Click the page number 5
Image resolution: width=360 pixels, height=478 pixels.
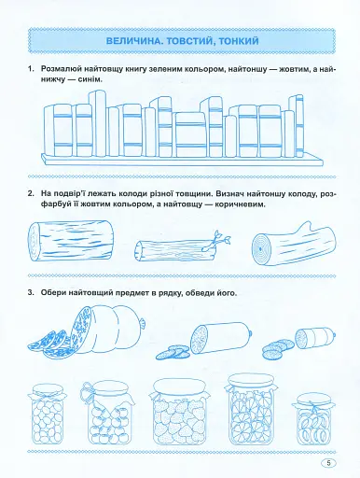329,463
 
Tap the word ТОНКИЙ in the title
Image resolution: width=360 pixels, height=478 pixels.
239,41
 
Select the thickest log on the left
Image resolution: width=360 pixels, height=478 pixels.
70,241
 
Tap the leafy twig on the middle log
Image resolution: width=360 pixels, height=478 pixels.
217,240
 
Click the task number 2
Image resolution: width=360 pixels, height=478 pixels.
31,194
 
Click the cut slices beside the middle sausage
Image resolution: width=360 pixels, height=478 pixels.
173,352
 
